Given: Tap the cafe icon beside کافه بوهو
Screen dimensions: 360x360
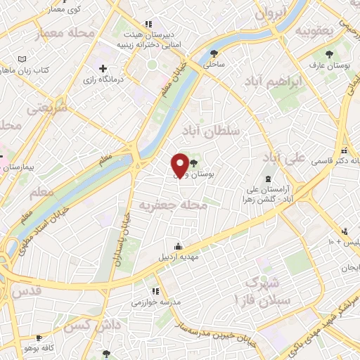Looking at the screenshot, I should point(39,337).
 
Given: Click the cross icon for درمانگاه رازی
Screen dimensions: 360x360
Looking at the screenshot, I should point(104,68).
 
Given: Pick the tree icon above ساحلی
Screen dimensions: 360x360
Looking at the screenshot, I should point(214,52).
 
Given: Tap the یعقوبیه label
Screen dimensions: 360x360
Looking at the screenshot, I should point(313,31).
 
